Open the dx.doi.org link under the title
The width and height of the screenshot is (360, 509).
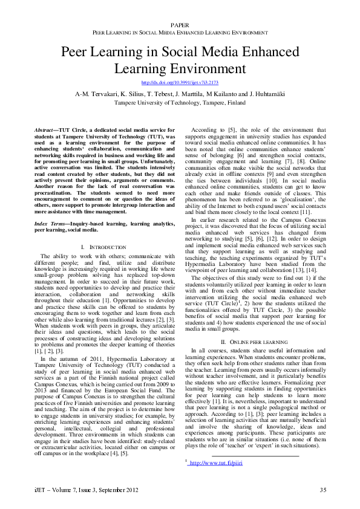click(x=180, y=82)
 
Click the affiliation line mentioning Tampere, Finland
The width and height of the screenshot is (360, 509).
click(x=180, y=103)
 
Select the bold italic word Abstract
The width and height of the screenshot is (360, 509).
click(x=45, y=129)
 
